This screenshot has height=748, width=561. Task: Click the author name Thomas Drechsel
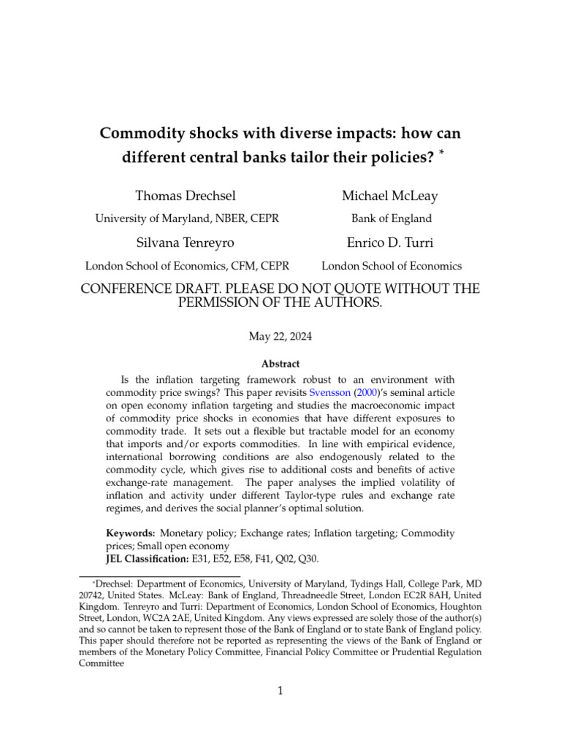186,195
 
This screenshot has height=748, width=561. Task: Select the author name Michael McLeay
390,195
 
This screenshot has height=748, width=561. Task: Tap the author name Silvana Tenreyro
186,243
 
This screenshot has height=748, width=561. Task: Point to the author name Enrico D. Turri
391,243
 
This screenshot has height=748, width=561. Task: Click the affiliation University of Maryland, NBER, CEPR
186,218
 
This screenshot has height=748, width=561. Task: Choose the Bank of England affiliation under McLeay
392,218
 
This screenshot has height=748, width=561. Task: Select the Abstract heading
280,364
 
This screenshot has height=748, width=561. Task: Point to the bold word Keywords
130,533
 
